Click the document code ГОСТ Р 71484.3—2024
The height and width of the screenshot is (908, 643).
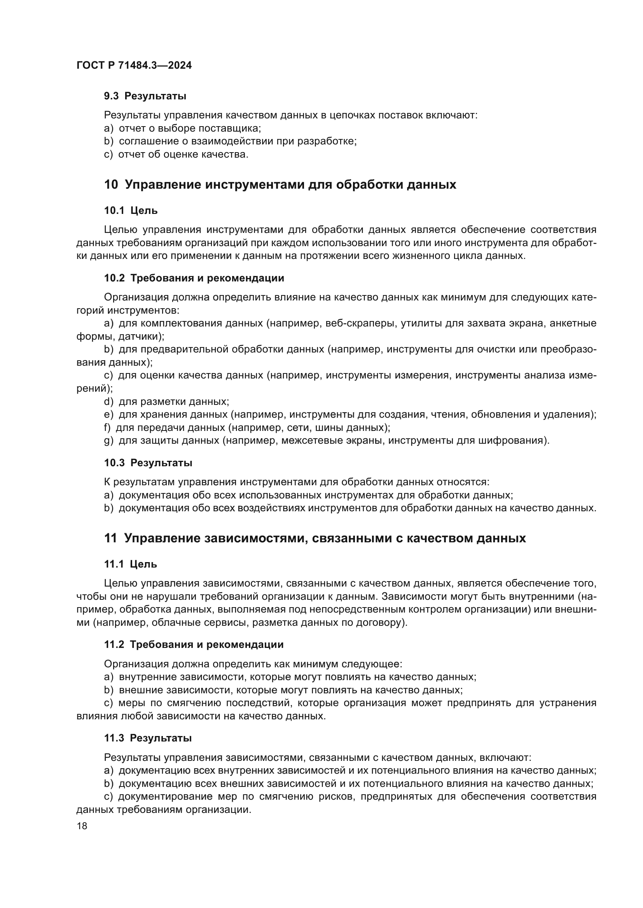134,66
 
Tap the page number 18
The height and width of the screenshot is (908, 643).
82,826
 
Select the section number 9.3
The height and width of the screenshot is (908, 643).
111,96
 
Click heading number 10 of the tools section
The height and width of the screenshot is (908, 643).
111,185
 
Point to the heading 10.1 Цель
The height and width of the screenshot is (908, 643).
131,211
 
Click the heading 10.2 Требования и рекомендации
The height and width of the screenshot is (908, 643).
194,278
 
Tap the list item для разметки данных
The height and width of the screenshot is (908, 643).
174,402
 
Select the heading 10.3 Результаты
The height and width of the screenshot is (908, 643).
148,463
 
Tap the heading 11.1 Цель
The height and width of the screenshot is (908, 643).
131,564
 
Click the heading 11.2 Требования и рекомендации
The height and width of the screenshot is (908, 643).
194,645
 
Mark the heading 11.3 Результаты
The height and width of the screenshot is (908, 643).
148,738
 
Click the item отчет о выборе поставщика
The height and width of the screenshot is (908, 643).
190,128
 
